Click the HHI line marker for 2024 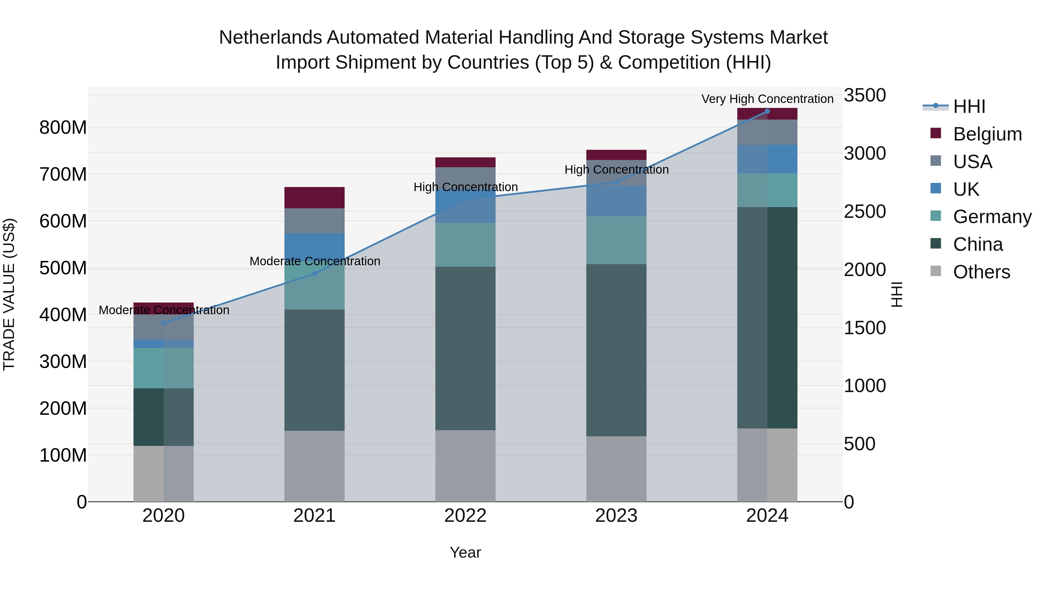(x=767, y=111)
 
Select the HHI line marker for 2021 (x=314, y=274)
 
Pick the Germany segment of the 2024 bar (x=767, y=190)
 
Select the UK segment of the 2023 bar (x=616, y=201)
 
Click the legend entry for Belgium (x=987, y=134)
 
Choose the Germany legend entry (x=992, y=217)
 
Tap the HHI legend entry (x=969, y=106)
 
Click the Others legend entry (x=981, y=272)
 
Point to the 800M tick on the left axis (x=63, y=128)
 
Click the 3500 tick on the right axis (x=865, y=95)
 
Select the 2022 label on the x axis (x=465, y=516)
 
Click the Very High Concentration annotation (x=767, y=99)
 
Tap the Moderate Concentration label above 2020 (x=164, y=310)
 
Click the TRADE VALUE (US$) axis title (x=9, y=294)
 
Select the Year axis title (x=465, y=552)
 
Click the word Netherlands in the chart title (x=270, y=38)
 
